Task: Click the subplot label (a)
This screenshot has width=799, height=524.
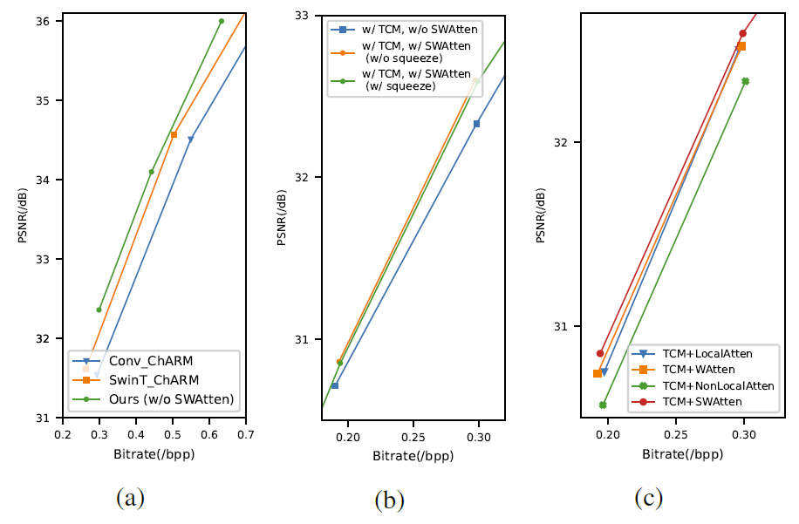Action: [x=130, y=498]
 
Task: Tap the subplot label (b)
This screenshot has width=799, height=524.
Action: [x=389, y=500]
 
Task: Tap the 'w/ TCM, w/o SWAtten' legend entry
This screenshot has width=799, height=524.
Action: [x=402, y=30]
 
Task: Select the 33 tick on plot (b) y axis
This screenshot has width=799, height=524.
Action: [x=308, y=16]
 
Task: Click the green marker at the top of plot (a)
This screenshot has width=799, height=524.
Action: [x=222, y=21]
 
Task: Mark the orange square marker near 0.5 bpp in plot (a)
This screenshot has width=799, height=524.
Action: [x=174, y=134]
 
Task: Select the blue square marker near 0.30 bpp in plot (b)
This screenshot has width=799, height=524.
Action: [x=476, y=124]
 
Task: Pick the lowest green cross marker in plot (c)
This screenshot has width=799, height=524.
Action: [x=603, y=405]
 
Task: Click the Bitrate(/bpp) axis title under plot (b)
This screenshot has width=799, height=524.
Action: [x=413, y=454]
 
